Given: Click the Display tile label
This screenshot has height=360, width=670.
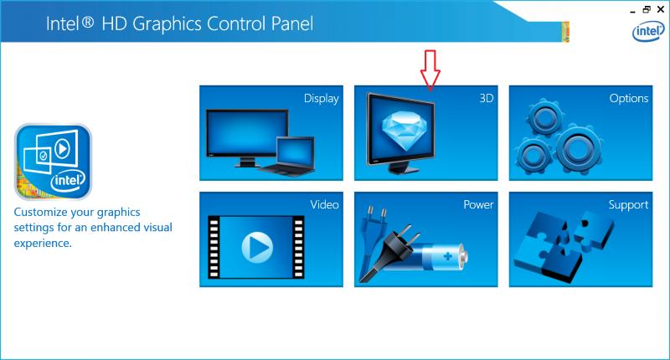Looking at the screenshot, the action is pyautogui.click(x=322, y=99).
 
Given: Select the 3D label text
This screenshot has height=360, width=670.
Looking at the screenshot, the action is pyautogui.click(x=487, y=98).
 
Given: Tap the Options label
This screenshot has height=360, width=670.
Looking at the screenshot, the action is pyautogui.click(x=629, y=99).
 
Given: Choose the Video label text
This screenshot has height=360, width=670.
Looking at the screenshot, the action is pyautogui.click(x=324, y=204).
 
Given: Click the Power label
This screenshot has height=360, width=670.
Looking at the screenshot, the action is pyautogui.click(x=478, y=204).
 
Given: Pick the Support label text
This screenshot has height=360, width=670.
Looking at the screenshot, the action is pyautogui.click(x=628, y=205).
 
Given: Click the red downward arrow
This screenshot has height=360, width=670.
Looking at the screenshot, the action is pyautogui.click(x=430, y=70).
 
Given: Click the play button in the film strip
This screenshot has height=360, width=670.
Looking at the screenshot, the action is pyautogui.click(x=257, y=247).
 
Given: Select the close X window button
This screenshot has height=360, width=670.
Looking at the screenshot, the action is pyautogui.click(x=661, y=9).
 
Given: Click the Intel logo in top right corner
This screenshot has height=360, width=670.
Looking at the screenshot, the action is pyautogui.click(x=648, y=32).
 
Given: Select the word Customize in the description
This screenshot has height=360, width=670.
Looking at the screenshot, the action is pyautogui.click(x=40, y=213).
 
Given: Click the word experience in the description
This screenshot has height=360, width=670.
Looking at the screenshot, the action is pyautogui.click(x=43, y=244).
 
